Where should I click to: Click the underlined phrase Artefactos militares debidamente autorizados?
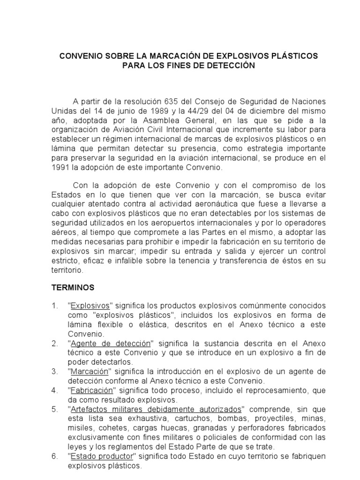click(x=156, y=408)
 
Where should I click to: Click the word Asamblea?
click(x=144, y=120)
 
